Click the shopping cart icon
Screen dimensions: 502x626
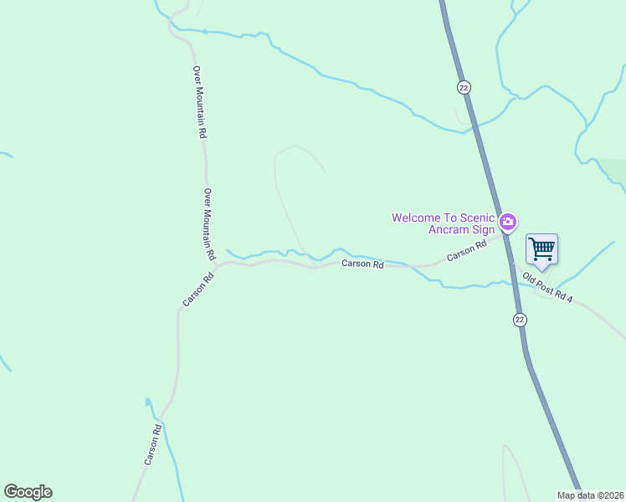[541, 248]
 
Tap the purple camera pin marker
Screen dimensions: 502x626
[507, 222]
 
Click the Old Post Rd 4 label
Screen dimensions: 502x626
[547, 287]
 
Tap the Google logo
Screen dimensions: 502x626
[28, 492]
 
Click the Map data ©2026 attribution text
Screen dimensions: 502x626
[590, 495]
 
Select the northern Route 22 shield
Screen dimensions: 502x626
[464, 87]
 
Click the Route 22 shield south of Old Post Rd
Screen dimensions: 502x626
[520, 320]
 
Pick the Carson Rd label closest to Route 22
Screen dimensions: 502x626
[466, 251]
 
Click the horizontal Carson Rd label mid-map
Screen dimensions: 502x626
[362, 264]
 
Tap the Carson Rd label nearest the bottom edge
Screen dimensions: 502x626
[152, 445]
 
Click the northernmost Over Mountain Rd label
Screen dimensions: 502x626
[199, 101]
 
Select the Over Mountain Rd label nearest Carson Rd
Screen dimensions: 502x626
[210, 223]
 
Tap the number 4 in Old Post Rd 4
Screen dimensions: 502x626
[569, 299]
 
